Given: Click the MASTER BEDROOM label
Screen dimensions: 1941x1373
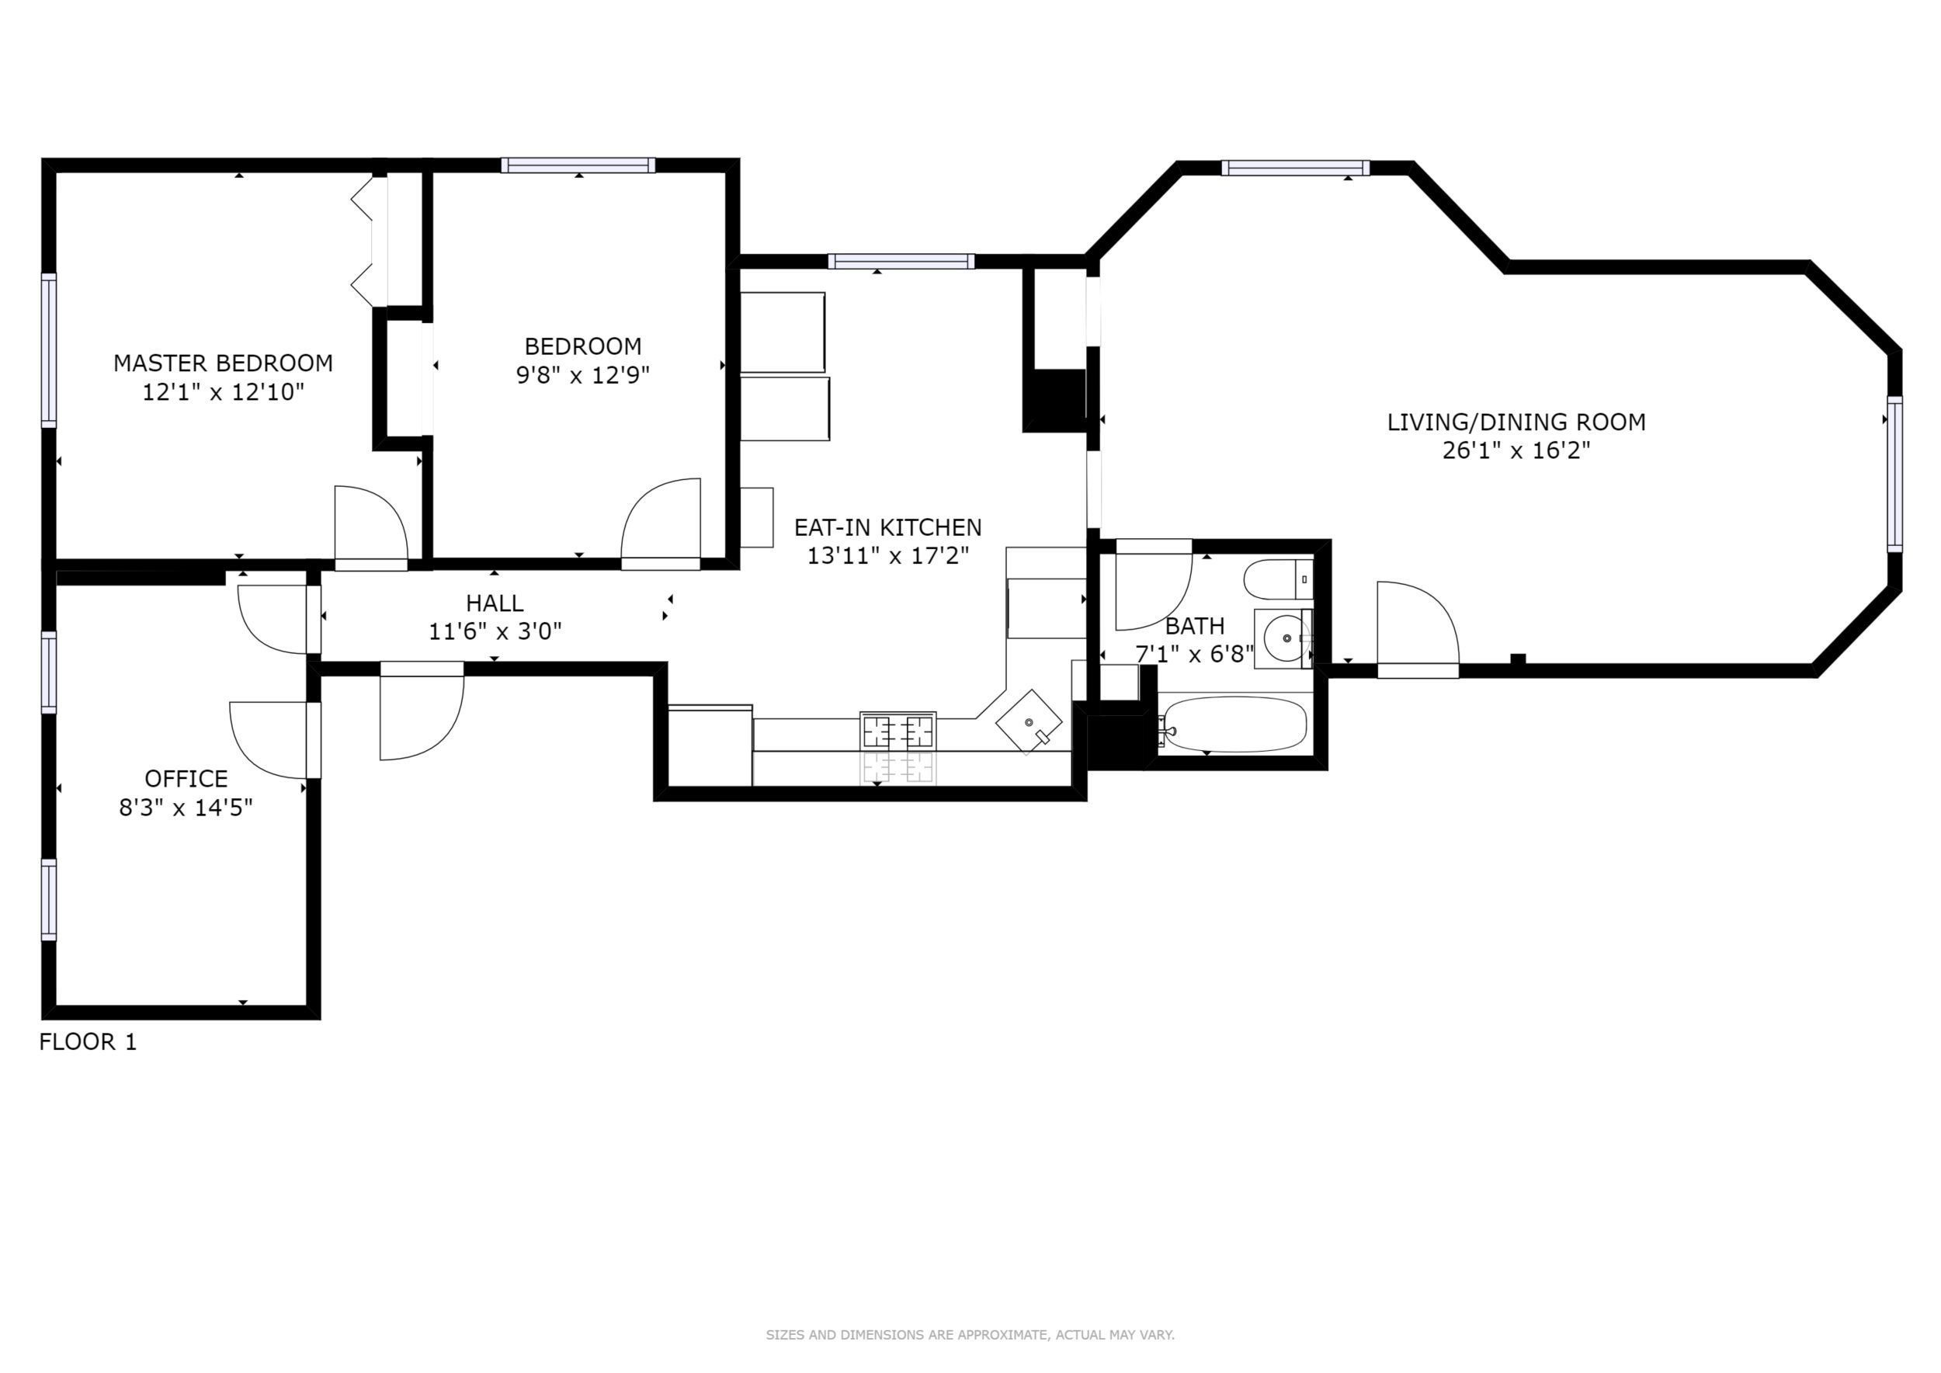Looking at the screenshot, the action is (x=223, y=363).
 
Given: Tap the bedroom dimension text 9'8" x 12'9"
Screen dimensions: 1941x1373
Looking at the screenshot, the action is (x=582, y=374).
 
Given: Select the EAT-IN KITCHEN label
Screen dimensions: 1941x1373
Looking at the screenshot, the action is (x=887, y=527).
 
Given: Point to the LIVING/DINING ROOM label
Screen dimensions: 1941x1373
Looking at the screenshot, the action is (x=1516, y=422).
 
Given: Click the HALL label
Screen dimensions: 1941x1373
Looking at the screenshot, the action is (x=495, y=603).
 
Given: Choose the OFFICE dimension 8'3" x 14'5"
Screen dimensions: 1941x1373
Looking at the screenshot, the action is (x=186, y=808).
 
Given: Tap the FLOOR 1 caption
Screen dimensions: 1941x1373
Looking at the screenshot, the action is (x=88, y=1041).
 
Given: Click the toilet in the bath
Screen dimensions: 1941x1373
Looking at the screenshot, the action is (x=1278, y=579).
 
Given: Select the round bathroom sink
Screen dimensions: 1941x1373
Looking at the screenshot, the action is (x=1285, y=638).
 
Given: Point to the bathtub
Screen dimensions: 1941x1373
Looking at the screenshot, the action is (x=1234, y=725).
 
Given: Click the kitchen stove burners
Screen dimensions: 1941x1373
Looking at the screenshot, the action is (x=898, y=732).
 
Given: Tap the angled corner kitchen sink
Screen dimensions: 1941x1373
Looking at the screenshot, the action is (x=1029, y=722).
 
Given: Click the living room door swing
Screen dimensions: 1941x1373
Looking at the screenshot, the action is (x=1418, y=629).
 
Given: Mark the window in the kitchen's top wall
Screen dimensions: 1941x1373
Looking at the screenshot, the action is (x=901, y=261).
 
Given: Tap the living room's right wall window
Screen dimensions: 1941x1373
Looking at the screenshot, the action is (x=1894, y=474).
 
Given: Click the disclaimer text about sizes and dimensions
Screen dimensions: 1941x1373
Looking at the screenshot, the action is (x=970, y=1335).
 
